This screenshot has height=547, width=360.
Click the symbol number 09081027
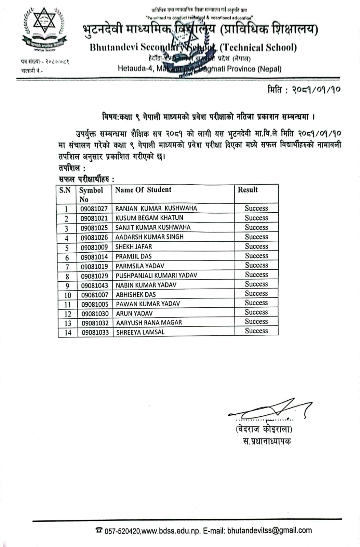click(94, 209)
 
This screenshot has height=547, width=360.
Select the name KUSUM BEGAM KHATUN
click(149, 218)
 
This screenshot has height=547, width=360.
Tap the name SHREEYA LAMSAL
click(140, 332)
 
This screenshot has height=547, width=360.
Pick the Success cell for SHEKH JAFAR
click(256, 246)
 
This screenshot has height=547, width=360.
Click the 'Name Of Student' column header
click(143, 190)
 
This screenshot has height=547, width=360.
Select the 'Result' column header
click(248, 190)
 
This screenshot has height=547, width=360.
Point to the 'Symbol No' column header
click(91, 195)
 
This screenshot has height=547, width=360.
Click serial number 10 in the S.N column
click(68, 295)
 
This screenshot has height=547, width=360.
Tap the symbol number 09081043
click(95, 285)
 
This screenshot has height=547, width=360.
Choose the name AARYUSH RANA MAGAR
click(149, 322)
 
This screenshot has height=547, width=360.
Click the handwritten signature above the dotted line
click(270, 409)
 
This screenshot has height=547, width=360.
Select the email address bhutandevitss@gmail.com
click(269, 530)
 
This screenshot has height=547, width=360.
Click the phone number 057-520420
click(122, 531)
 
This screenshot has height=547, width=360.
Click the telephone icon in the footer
click(99, 530)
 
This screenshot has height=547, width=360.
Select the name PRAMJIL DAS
click(133, 256)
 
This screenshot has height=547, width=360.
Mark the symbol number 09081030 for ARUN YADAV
click(95, 313)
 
